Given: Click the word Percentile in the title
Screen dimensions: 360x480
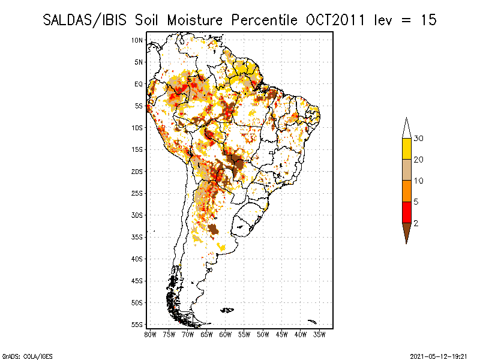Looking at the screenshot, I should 260,20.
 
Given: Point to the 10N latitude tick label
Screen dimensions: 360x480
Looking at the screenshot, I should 137,40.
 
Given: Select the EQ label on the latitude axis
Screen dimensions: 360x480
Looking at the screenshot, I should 139,84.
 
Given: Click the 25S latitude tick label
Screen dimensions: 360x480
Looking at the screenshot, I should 137,193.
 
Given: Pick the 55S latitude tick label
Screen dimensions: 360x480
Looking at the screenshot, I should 137,325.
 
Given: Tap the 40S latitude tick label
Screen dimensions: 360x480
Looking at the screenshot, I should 137,259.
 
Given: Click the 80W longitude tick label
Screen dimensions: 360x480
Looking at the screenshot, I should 151,334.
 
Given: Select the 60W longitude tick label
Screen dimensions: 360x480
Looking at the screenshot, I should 226,334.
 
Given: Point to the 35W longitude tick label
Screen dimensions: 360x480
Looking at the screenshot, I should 319,334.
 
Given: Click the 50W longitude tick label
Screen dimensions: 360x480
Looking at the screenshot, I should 263,334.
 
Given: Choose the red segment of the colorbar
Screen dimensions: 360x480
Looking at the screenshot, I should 407,212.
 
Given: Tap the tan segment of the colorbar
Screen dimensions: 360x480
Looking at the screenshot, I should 407,170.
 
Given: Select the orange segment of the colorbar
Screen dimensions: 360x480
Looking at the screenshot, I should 407,191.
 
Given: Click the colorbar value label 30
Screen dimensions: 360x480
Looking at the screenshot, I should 419,139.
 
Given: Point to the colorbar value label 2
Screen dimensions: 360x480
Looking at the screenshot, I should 416,223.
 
